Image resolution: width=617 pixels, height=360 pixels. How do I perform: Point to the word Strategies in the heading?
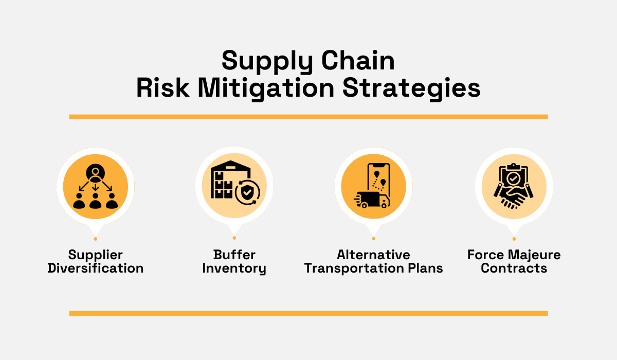[411, 88]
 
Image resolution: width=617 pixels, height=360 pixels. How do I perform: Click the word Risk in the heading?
[164, 88]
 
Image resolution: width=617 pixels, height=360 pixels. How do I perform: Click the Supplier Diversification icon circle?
[95, 186]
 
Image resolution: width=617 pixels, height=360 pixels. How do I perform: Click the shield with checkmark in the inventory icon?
[247, 193]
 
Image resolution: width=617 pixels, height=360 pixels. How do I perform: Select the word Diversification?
[95, 268]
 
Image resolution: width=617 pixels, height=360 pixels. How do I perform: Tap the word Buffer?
[234, 255]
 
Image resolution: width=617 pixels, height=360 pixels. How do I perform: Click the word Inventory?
[234, 268]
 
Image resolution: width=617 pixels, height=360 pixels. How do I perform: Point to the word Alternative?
[373, 255]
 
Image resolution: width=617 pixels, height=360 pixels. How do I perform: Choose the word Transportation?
[351, 268]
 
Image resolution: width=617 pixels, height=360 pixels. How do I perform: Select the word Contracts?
[514, 268]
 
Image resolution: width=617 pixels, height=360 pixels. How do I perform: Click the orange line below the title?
[308, 117]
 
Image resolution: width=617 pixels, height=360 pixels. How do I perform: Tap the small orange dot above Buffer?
[234, 238]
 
